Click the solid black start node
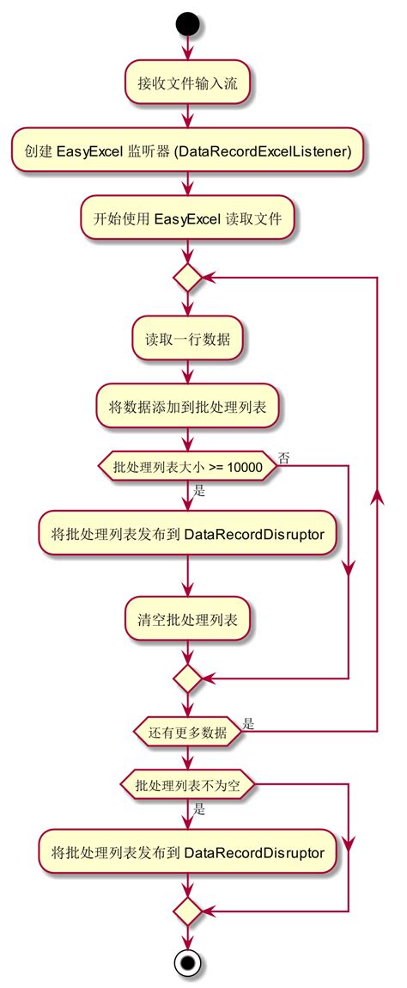click(x=187, y=22)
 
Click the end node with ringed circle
click(x=187, y=962)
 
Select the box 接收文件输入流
click(x=187, y=84)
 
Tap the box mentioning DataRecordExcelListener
click(x=187, y=151)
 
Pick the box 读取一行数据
click(x=187, y=339)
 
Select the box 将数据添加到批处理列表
click(x=187, y=406)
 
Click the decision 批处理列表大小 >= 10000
click(x=187, y=466)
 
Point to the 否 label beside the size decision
click(x=282, y=458)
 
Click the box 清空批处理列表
click(x=187, y=618)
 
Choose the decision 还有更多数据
click(x=187, y=733)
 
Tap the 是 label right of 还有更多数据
click(x=247, y=724)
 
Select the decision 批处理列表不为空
click(x=187, y=784)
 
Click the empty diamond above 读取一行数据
click(x=187, y=278)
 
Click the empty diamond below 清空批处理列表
click(x=187, y=679)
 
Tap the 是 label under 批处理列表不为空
click(x=199, y=808)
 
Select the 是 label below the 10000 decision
click(x=199, y=491)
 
